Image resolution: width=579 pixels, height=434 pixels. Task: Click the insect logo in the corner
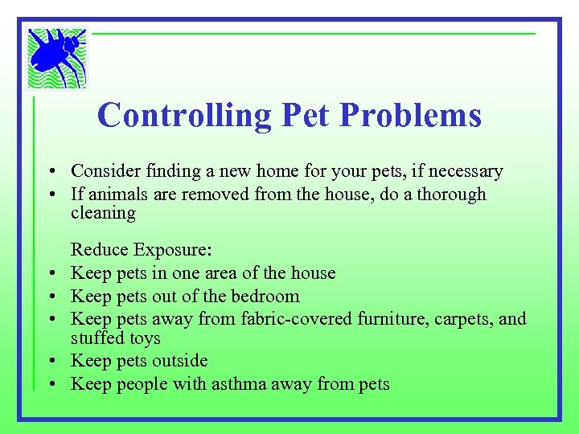57,57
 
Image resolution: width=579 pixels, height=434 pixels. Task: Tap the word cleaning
104,213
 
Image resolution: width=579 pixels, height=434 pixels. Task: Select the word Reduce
100,251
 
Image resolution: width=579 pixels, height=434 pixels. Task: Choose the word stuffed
96,338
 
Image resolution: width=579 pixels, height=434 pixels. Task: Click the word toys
143,339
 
